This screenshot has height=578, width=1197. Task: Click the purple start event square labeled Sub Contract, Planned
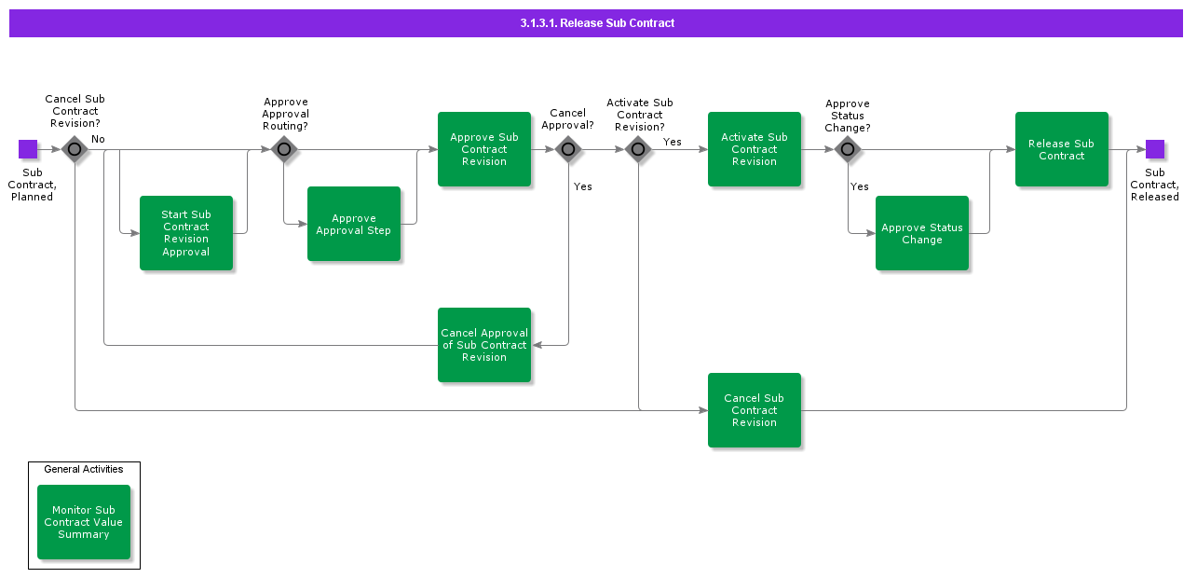28,149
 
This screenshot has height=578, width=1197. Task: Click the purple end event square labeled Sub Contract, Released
1155,149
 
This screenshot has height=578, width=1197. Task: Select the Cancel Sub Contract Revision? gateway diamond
75,149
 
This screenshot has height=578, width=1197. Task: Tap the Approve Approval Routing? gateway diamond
284,149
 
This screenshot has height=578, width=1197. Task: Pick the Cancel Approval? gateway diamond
568,149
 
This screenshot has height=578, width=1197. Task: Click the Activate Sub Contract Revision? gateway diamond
638,149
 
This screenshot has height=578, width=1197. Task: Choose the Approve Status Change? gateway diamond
848,149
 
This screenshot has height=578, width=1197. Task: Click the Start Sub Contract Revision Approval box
186,233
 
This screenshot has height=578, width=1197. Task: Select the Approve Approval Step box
354,224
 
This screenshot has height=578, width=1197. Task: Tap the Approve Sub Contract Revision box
484,149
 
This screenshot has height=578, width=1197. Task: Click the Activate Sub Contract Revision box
755,149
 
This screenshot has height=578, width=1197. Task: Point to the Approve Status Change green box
922,233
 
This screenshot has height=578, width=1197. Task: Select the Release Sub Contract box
1062,149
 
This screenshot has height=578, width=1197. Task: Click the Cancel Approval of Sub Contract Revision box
484,345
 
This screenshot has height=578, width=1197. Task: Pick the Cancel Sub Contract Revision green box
755,410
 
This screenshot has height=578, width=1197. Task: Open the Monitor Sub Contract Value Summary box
84,522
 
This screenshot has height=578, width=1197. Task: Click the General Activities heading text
84,469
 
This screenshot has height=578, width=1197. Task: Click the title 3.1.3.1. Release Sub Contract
597,23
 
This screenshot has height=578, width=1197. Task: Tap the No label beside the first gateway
98,139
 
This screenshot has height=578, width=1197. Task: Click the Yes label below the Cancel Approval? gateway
583,186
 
